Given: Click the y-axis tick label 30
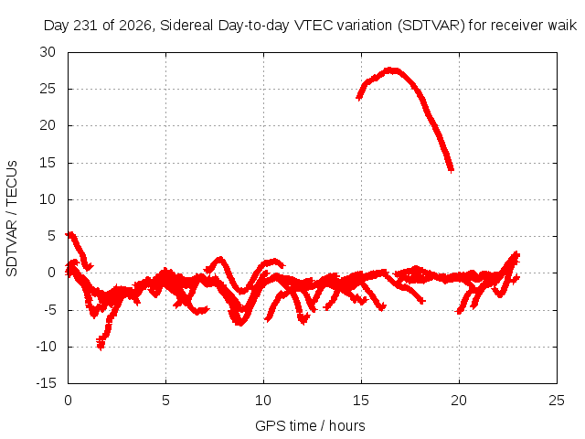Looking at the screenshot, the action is (x=48, y=52).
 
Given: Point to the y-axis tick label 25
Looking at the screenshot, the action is (x=48, y=89).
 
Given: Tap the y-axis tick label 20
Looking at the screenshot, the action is (x=48, y=125).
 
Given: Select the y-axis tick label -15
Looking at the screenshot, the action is (x=47, y=383).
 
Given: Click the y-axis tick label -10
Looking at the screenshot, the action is (x=47, y=347).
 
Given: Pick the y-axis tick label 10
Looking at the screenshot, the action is (x=48, y=199).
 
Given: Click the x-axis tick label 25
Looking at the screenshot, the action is (x=557, y=401).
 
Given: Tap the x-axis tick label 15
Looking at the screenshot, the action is (x=361, y=401).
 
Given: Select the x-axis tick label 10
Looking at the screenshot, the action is (x=263, y=401).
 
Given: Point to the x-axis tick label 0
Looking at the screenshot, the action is (x=68, y=401).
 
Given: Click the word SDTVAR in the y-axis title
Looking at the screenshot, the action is (x=12, y=248).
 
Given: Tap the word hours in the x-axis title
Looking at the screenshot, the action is (x=347, y=426).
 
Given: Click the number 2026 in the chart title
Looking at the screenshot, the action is (x=134, y=26).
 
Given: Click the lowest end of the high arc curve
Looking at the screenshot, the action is (x=451, y=170).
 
